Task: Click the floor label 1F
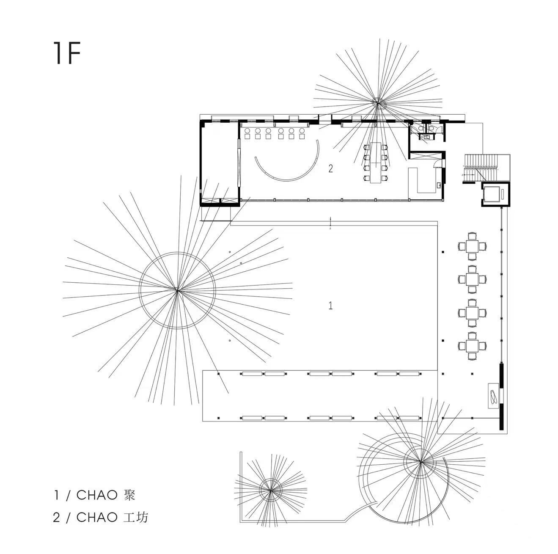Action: point(67,53)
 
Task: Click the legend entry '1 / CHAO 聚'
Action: point(96,495)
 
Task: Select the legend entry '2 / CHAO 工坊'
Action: point(101,517)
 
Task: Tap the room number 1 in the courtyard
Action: point(331,305)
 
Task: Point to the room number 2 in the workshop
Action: point(331,169)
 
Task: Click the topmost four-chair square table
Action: point(472,245)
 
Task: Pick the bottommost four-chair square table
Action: point(472,346)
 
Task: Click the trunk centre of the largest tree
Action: point(177,289)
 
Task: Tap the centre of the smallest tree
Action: point(270,490)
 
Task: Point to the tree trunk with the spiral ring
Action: point(420,462)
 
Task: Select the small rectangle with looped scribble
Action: point(493,395)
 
